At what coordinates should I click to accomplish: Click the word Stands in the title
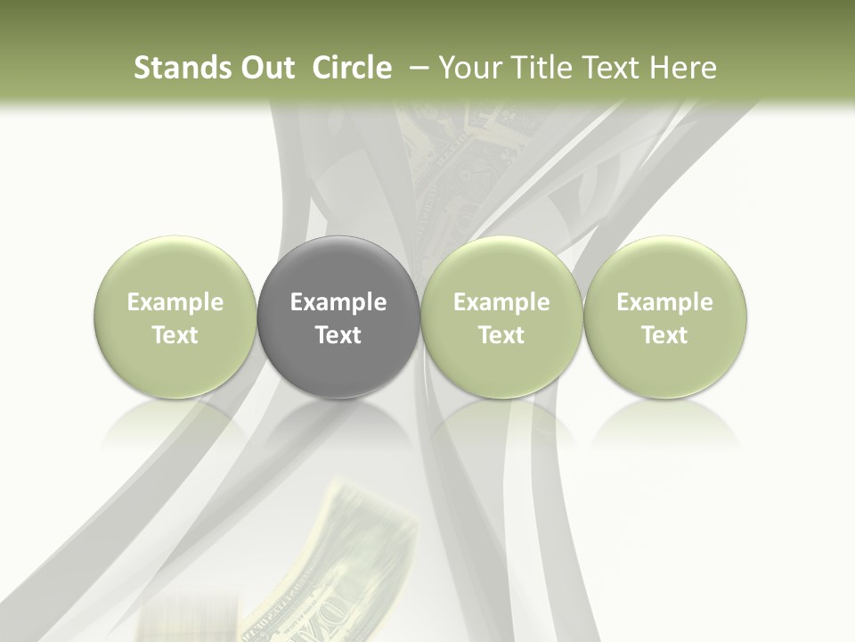(175, 68)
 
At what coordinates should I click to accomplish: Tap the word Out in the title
(265, 68)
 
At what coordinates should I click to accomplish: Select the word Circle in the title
(352, 68)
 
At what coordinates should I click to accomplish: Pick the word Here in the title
(683, 68)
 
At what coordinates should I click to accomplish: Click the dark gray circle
(338, 317)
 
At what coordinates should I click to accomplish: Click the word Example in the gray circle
(338, 302)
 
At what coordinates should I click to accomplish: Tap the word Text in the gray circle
(338, 335)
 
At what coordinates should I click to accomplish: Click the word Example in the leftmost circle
(175, 302)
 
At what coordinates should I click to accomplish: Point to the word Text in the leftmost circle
(175, 335)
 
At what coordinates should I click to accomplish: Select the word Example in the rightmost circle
(664, 302)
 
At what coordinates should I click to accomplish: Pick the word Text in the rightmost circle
(664, 335)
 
